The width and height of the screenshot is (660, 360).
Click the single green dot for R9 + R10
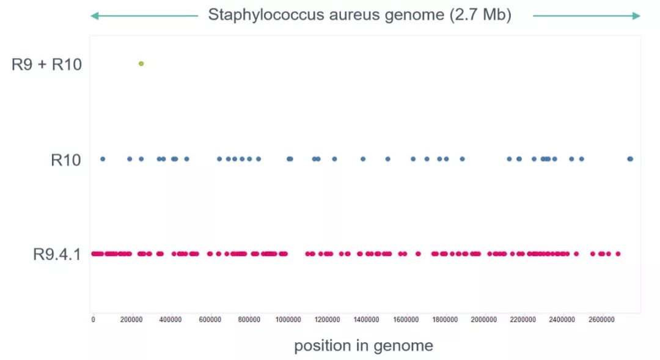(141, 64)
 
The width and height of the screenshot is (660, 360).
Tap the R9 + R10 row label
(46, 64)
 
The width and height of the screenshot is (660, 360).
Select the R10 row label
(66, 160)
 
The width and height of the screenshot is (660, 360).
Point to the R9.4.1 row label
(57, 254)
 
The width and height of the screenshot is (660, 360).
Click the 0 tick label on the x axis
(93, 319)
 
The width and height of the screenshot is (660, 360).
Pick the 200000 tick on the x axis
(132, 319)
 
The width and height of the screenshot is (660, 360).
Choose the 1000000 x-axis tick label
(288, 319)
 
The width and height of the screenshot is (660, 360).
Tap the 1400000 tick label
(367, 319)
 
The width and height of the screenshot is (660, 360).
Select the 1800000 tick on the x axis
(445, 319)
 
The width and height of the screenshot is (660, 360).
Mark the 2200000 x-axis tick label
(523, 319)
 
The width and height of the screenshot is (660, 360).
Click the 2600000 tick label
(601, 319)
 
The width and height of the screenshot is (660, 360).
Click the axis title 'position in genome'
(364, 346)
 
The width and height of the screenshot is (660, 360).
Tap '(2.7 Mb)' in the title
(480, 15)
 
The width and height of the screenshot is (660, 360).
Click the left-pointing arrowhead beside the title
(94, 16)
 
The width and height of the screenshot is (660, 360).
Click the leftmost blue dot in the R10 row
(103, 159)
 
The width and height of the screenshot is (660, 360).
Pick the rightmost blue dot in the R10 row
(631, 159)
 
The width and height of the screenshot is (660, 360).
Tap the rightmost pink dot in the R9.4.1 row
(618, 254)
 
